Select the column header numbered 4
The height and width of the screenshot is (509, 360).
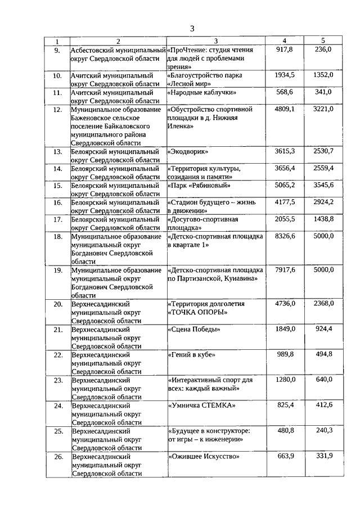pyautogui.click(x=285, y=41)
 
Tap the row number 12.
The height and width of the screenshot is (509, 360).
pyautogui.click(x=57, y=110)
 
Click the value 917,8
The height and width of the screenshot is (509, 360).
pyautogui.click(x=285, y=49)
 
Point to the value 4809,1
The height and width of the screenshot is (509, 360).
pyautogui.click(x=285, y=109)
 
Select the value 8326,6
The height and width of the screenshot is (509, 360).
pyautogui.click(x=285, y=236)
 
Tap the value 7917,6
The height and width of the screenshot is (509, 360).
pyautogui.click(x=285, y=270)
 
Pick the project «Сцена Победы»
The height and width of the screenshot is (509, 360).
pyautogui.click(x=193, y=329)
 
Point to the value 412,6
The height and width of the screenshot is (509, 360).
pyautogui.click(x=323, y=405)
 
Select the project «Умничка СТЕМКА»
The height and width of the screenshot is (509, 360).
pyautogui.click(x=201, y=405)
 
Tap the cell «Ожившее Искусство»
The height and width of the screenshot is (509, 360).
pyautogui.click(x=204, y=456)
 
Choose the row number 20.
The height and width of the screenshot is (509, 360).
pyautogui.click(x=57, y=304)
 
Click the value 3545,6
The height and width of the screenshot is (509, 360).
pyautogui.click(x=323, y=185)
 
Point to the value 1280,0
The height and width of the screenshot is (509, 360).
pyautogui.click(x=285, y=380)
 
